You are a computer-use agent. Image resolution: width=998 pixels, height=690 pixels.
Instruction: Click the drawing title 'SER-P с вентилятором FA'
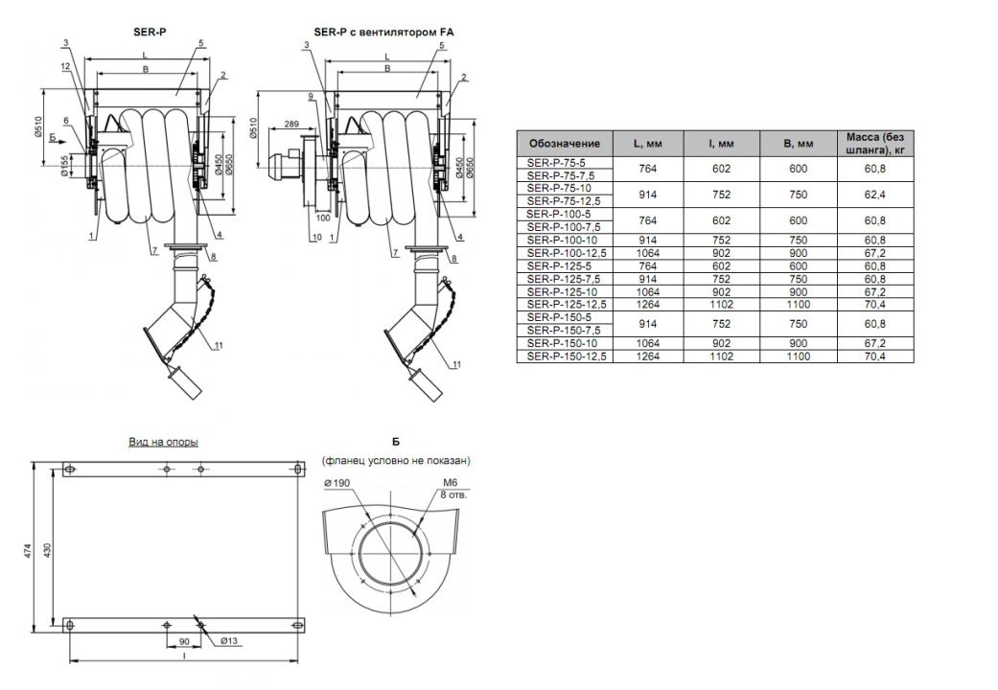[x=383, y=32]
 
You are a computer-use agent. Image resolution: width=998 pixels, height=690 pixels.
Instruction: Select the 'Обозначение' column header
[x=565, y=143]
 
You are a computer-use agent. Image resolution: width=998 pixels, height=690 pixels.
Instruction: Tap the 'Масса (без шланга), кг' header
[x=874, y=143]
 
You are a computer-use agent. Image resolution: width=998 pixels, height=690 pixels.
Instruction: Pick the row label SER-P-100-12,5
[x=567, y=253]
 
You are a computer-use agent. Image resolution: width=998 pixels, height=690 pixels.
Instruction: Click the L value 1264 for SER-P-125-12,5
[x=647, y=304]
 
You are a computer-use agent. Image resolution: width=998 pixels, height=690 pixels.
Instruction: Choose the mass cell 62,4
[x=874, y=195]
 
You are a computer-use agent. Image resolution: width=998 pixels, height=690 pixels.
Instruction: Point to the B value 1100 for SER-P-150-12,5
[x=799, y=356]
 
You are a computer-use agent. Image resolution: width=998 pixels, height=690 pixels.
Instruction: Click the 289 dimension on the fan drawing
[x=291, y=125]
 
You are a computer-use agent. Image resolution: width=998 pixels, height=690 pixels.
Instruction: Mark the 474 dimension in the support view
[x=28, y=551]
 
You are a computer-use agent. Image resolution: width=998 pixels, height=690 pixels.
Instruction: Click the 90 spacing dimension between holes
[x=183, y=641]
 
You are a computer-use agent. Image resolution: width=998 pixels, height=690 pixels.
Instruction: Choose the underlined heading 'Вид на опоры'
[x=164, y=442]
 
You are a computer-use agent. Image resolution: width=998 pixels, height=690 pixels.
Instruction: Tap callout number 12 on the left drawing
[x=65, y=66]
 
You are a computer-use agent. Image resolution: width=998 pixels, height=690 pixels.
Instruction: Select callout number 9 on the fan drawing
[x=311, y=96]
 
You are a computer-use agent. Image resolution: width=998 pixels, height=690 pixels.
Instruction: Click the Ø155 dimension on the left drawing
[x=64, y=166]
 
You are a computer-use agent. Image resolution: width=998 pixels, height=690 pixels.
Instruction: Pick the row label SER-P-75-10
[x=559, y=189]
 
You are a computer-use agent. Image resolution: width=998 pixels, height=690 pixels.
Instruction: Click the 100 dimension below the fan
[x=323, y=218]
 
